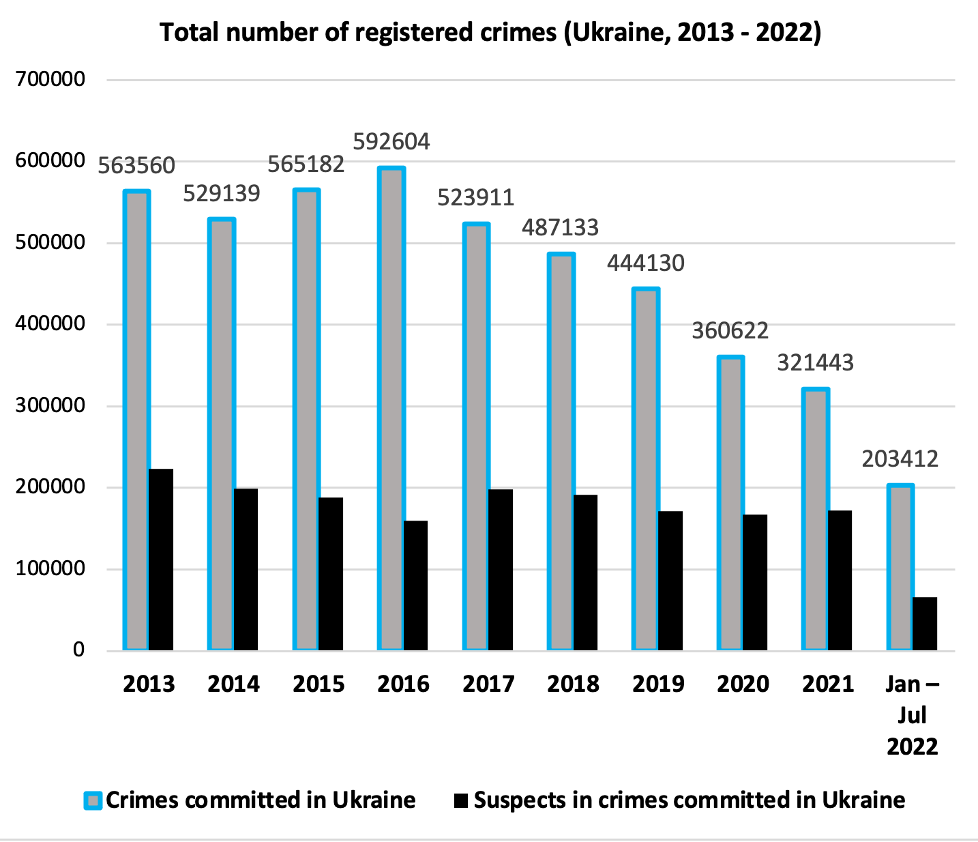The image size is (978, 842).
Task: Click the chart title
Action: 490,32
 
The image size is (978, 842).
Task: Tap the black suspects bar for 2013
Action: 161,559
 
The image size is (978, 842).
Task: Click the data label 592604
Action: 391,141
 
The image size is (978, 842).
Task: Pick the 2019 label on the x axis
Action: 658,684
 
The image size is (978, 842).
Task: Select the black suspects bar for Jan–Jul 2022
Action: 925,623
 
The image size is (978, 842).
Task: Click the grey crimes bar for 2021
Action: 816,519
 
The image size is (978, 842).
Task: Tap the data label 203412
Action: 900,459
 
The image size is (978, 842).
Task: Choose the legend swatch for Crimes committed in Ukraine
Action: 93,800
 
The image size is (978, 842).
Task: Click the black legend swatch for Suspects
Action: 462,800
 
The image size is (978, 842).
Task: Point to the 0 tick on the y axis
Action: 79,650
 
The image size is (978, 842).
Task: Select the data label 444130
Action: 645,263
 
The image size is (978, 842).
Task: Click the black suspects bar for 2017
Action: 501,569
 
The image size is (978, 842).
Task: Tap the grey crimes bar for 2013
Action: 137,420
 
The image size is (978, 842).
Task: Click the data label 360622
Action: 730,331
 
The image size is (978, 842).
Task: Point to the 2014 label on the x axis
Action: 233,684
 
